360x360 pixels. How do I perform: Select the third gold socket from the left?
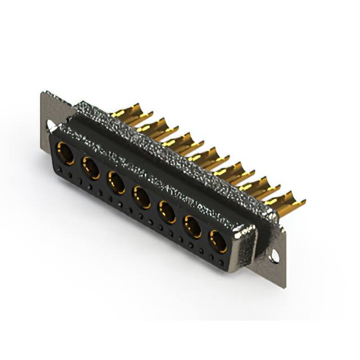[x=116, y=182]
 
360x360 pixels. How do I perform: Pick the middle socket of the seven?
[x=141, y=197]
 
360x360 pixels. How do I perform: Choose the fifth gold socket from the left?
[x=166, y=212]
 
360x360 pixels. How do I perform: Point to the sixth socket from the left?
[x=192, y=227]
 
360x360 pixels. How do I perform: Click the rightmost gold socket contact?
[x=218, y=242]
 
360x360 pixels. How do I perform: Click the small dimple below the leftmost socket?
[x=61, y=172]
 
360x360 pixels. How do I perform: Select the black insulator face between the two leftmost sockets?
[x=78, y=160]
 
